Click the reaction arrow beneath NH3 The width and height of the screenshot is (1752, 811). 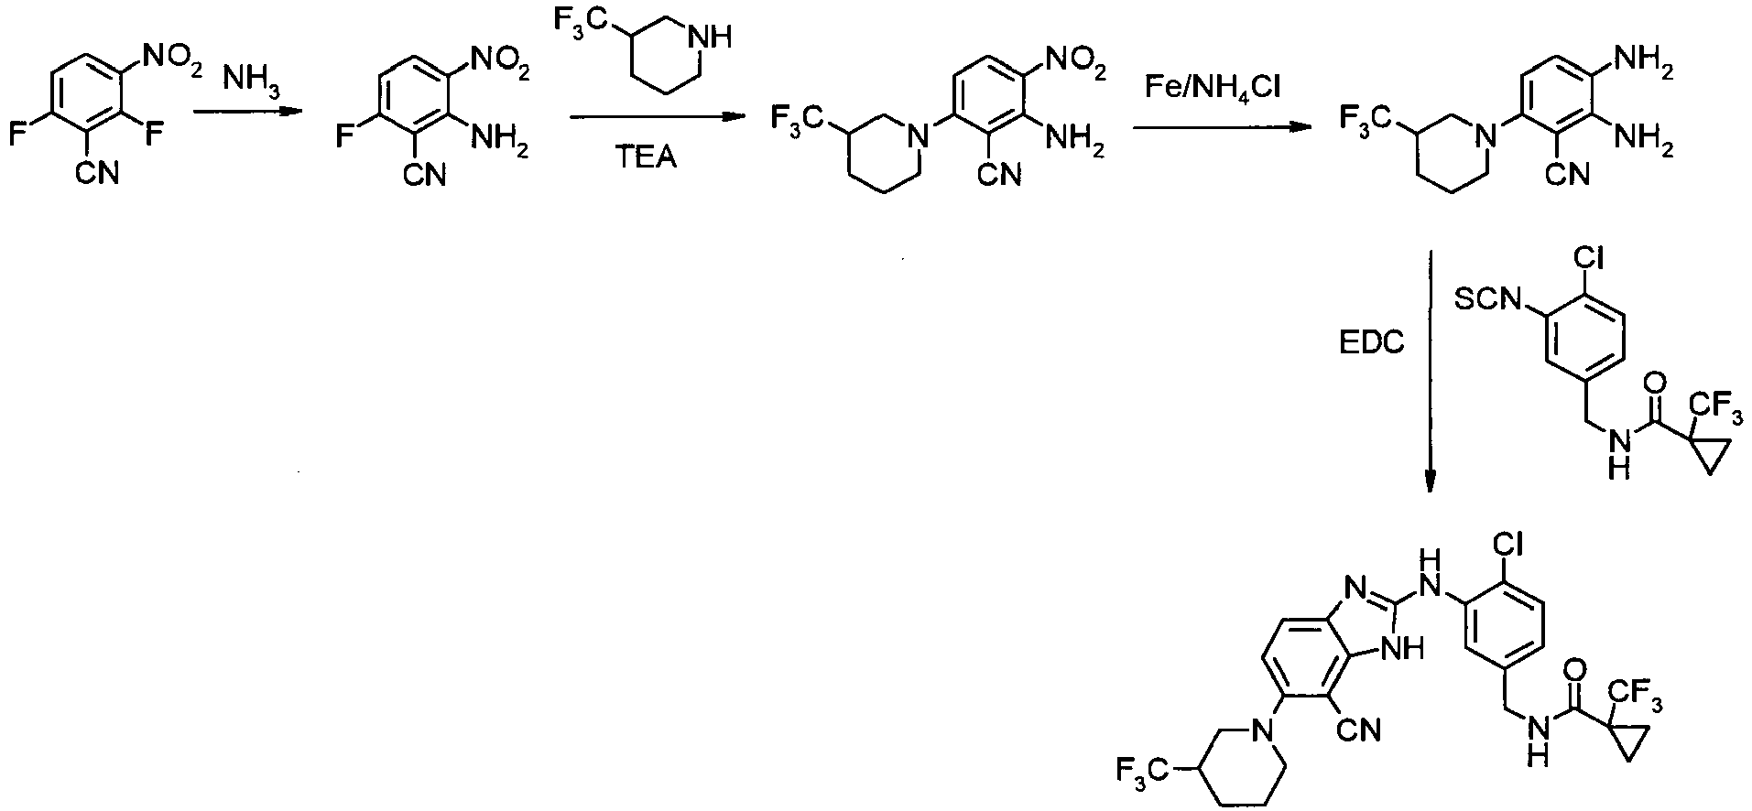247,112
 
